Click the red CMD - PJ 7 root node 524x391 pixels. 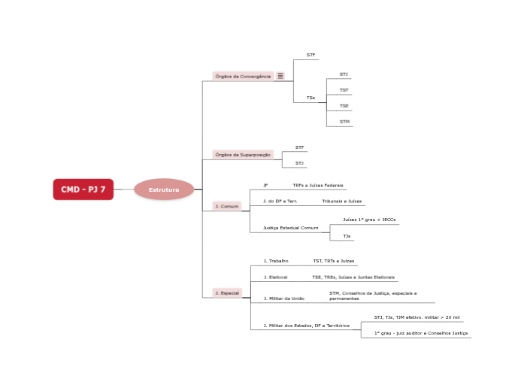[83, 189]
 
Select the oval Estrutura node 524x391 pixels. [164, 189]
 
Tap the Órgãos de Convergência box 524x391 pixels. [243, 76]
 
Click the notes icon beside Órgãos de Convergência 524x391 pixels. [280, 76]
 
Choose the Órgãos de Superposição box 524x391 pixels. [243, 154]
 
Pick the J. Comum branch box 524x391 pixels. [226, 205]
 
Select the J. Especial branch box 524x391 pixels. [226, 292]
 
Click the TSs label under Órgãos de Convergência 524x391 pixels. [310, 98]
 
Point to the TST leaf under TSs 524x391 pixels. [344, 90]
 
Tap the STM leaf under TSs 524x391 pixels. [344, 121]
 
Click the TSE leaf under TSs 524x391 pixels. [344, 105]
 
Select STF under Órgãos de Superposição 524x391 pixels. [299, 147]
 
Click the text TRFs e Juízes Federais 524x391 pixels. [318, 185]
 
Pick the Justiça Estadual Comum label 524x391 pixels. [290, 227]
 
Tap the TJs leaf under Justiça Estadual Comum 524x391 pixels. [347, 236]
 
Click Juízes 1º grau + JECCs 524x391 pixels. [369, 220]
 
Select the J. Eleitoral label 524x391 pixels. [275, 277]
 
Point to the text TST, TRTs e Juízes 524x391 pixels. [333, 261]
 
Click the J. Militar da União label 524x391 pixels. [283, 298]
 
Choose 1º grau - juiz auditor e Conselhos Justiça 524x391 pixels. [421, 332]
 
